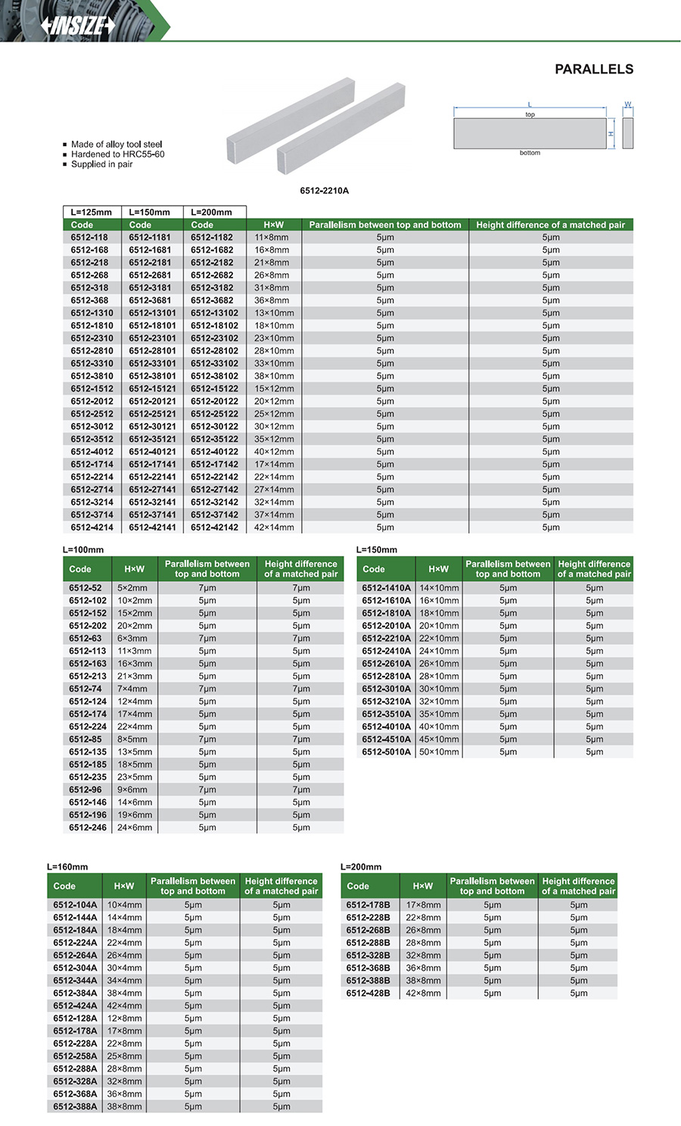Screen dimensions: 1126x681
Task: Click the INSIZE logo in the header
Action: click(78, 26)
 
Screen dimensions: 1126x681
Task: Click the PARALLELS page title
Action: click(594, 70)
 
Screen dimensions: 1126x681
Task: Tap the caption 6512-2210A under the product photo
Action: click(324, 191)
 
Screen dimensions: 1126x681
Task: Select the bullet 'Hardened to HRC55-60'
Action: click(117, 154)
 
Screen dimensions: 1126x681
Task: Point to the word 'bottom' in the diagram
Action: click(530, 153)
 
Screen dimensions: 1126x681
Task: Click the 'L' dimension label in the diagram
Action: click(530, 105)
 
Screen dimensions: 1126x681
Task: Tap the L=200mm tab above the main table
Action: click(211, 213)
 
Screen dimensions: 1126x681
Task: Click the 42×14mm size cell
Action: click(274, 527)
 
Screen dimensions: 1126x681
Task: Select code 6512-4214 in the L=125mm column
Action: click(92, 527)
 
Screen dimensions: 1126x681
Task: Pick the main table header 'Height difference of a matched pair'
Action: click(550, 225)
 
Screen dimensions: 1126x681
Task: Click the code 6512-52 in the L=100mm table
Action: click(85, 588)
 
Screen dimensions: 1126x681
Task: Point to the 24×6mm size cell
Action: click(135, 828)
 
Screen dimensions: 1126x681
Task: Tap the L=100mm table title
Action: click(83, 550)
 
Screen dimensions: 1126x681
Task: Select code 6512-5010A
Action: click(386, 752)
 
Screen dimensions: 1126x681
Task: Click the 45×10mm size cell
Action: click(439, 739)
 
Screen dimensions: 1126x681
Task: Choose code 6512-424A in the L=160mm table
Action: click(75, 1006)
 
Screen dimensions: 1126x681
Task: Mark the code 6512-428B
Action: click(368, 994)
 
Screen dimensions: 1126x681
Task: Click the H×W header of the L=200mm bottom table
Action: click(423, 886)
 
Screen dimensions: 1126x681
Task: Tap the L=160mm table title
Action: click(67, 867)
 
